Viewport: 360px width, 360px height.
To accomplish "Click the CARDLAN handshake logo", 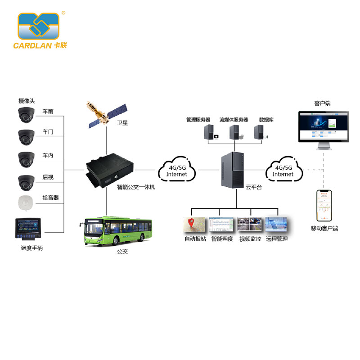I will tap(39, 26).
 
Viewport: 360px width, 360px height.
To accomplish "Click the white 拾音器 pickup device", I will tap(26, 203).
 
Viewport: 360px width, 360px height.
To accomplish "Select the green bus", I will tap(117, 231).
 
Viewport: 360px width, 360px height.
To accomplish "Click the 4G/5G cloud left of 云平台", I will tap(176, 170).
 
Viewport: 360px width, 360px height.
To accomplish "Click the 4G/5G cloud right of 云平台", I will tap(283, 170).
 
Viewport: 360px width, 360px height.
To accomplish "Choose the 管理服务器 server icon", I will tap(209, 132).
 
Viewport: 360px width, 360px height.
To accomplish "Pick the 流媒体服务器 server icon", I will tap(234, 132).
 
